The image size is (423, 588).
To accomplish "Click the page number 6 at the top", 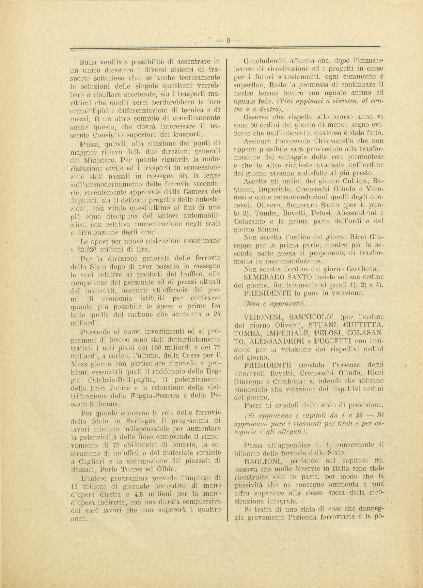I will coord(228,40).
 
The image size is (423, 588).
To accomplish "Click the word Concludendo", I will coord(265,61).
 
